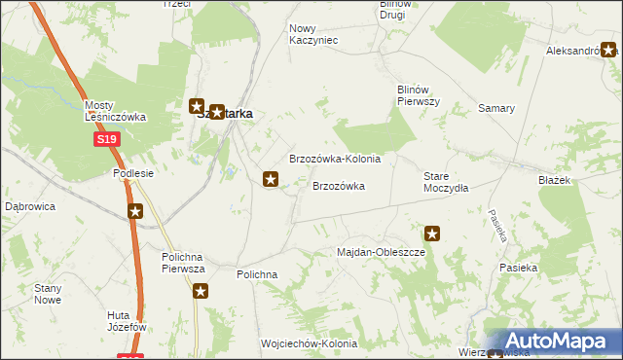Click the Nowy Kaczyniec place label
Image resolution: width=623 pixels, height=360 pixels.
(x=313, y=34)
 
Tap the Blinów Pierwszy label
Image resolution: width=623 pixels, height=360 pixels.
(x=420, y=95)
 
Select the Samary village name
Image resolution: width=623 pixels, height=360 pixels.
(x=495, y=108)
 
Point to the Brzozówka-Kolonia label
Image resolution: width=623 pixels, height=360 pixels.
(x=335, y=159)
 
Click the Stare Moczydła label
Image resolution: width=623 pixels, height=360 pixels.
(x=446, y=182)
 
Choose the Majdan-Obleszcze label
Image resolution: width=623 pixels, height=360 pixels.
(x=382, y=252)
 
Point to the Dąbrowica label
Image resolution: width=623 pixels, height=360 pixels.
(x=30, y=207)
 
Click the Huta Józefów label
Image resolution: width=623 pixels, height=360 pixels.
(x=127, y=321)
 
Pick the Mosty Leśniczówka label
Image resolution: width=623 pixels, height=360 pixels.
(x=115, y=111)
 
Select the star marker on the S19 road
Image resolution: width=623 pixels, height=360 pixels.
(x=135, y=210)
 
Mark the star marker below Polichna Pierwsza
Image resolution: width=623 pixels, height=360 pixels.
(x=201, y=291)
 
